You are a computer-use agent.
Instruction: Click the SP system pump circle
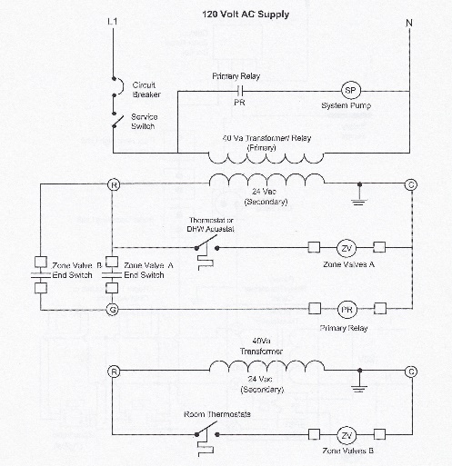[351, 90]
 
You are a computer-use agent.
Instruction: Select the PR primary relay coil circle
[347, 310]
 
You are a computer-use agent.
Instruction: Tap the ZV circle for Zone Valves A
[347, 248]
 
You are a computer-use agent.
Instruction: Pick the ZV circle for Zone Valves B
[347, 435]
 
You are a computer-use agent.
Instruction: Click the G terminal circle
[113, 310]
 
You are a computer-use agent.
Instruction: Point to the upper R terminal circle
[114, 184]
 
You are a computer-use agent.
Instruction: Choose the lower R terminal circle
[114, 372]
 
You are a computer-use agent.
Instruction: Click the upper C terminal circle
[411, 184]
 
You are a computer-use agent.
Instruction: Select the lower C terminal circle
[411, 372]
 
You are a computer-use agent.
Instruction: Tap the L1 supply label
[113, 22]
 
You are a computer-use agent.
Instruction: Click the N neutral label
[409, 23]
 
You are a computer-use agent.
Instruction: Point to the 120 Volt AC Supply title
[246, 15]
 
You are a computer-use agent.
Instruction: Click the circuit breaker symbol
[118, 87]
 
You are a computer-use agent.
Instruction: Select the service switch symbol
[117, 120]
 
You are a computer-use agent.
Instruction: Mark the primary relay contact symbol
[240, 91]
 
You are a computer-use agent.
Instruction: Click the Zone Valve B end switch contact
[41, 275]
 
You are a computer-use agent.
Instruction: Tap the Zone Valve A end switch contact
[112, 275]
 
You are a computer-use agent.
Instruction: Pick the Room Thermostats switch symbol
[207, 440]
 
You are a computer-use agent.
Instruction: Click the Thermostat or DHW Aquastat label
[211, 224]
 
